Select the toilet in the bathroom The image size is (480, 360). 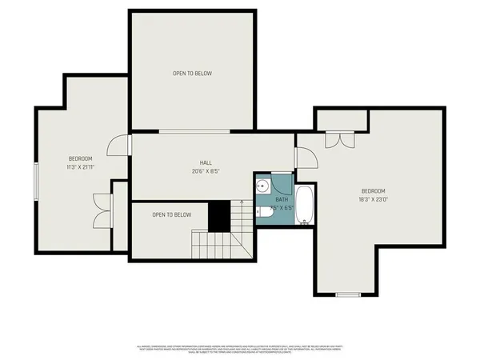[x=262, y=211]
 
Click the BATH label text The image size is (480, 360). [x=282, y=199]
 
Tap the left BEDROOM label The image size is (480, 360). [x=80, y=158]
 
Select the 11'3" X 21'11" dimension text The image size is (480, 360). [x=80, y=167]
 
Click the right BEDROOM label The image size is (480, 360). [x=373, y=190]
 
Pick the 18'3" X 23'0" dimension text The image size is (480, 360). [x=373, y=199]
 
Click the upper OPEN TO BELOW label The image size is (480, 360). [x=192, y=74]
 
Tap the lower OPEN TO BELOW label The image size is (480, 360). [x=172, y=214]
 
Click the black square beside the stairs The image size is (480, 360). [x=219, y=215]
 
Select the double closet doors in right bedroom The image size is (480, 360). [x=341, y=138]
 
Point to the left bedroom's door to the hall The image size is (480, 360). [x=120, y=146]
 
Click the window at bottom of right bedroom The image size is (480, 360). [x=347, y=295]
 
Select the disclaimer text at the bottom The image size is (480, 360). [x=240, y=350]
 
